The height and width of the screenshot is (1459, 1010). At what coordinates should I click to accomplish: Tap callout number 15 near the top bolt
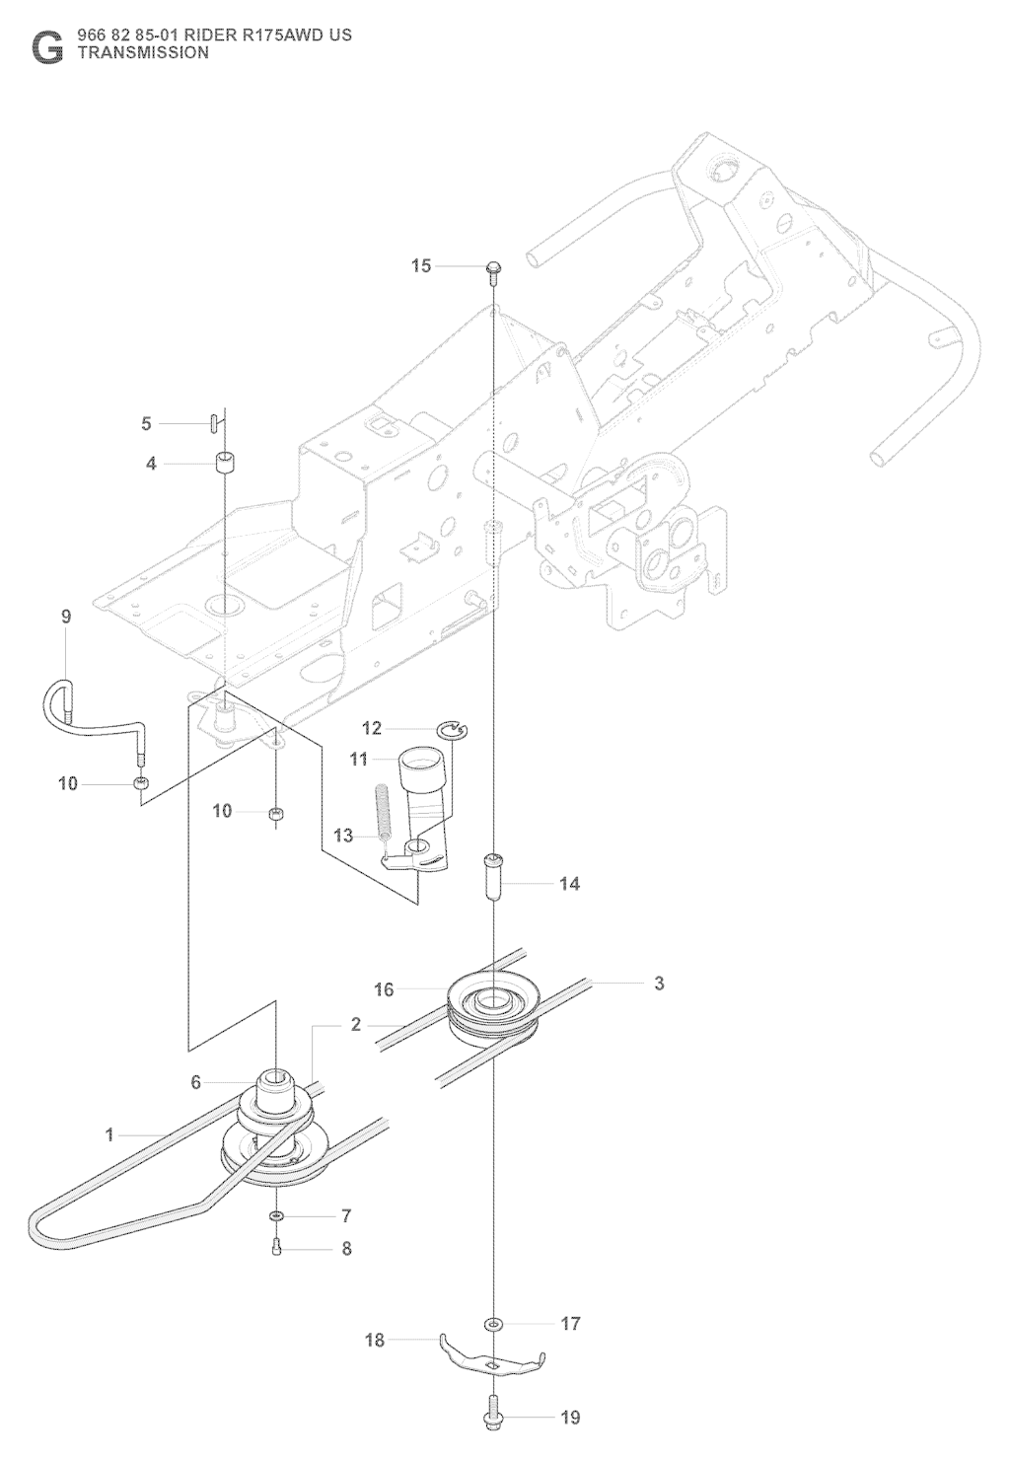[x=421, y=265]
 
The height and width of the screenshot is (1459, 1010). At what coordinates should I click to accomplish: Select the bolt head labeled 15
[x=492, y=266]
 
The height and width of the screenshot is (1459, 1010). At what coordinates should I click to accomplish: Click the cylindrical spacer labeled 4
[x=226, y=462]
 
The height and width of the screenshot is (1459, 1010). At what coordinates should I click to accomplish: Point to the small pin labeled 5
[x=213, y=422]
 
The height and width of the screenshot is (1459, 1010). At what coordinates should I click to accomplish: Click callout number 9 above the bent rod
[x=66, y=617]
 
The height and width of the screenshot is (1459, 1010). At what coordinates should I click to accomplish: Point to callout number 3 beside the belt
[x=660, y=983]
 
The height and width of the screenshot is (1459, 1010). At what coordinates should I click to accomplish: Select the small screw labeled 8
[x=276, y=1248]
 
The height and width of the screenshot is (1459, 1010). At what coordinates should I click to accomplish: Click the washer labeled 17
[x=492, y=1323]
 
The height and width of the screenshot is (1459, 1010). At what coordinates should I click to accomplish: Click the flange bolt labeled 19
[x=492, y=1417]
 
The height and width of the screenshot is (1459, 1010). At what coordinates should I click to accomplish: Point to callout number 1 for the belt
[x=110, y=1134]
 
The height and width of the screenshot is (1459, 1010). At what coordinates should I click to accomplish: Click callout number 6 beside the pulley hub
[x=196, y=1082]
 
